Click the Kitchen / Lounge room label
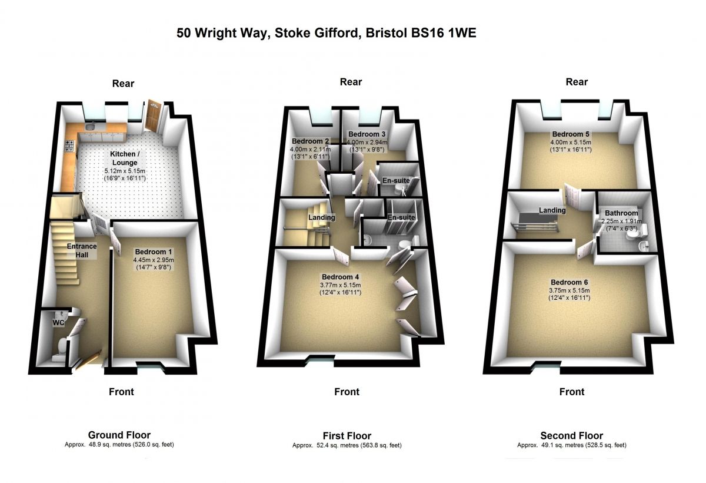(125, 158)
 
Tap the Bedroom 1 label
(154, 252)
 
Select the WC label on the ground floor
(58, 323)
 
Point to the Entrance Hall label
(82, 250)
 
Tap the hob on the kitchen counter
(69, 146)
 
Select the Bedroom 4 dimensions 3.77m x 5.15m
(341, 285)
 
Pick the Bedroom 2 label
(310, 141)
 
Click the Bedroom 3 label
(367, 134)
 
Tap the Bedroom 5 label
(571, 134)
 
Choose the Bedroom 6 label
(570, 282)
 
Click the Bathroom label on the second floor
(621, 213)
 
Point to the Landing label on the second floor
(552, 210)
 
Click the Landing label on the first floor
(321, 217)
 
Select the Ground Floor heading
(119, 435)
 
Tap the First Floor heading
(347, 436)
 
